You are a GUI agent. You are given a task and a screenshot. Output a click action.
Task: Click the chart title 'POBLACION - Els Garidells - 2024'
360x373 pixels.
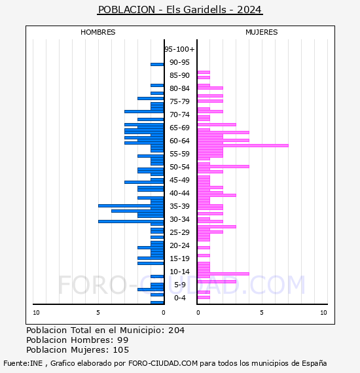click(180, 10)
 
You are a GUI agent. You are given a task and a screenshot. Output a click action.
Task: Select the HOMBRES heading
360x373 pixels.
click(98, 32)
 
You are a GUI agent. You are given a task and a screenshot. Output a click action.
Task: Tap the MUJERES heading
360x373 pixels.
click(262, 32)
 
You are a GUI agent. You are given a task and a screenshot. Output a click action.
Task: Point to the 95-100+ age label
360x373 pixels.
click(179, 49)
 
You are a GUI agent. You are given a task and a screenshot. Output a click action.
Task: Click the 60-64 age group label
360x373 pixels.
click(179, 141)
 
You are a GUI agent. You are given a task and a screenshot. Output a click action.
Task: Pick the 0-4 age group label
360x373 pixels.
click(179, 298)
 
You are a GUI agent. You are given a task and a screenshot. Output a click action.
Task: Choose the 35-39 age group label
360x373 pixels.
click(179, 206)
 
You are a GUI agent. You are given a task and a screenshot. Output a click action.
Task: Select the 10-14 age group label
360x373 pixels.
click(179, 272)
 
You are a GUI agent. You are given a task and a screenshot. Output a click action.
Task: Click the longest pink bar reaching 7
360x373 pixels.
click(243, 145)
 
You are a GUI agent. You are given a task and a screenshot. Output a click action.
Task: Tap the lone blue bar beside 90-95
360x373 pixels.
click(157, 65)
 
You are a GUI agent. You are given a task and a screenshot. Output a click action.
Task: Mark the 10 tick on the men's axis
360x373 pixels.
click(36, 312)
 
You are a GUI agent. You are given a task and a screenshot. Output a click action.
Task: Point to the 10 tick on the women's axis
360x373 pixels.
click(323, 312)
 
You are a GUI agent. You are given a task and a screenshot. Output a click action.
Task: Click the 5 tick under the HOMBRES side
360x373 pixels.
click(98, 312)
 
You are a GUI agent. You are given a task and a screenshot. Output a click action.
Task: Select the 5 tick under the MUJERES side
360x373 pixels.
click(262, 312)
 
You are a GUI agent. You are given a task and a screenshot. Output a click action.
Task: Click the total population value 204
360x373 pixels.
click(176, 330)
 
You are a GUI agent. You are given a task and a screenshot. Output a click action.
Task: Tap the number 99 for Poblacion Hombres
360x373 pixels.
click(123, 340)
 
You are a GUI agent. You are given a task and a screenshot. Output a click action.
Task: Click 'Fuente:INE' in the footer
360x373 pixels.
click(23, 363)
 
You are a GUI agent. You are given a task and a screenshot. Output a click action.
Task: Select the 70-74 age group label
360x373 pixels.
click(179, 115)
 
